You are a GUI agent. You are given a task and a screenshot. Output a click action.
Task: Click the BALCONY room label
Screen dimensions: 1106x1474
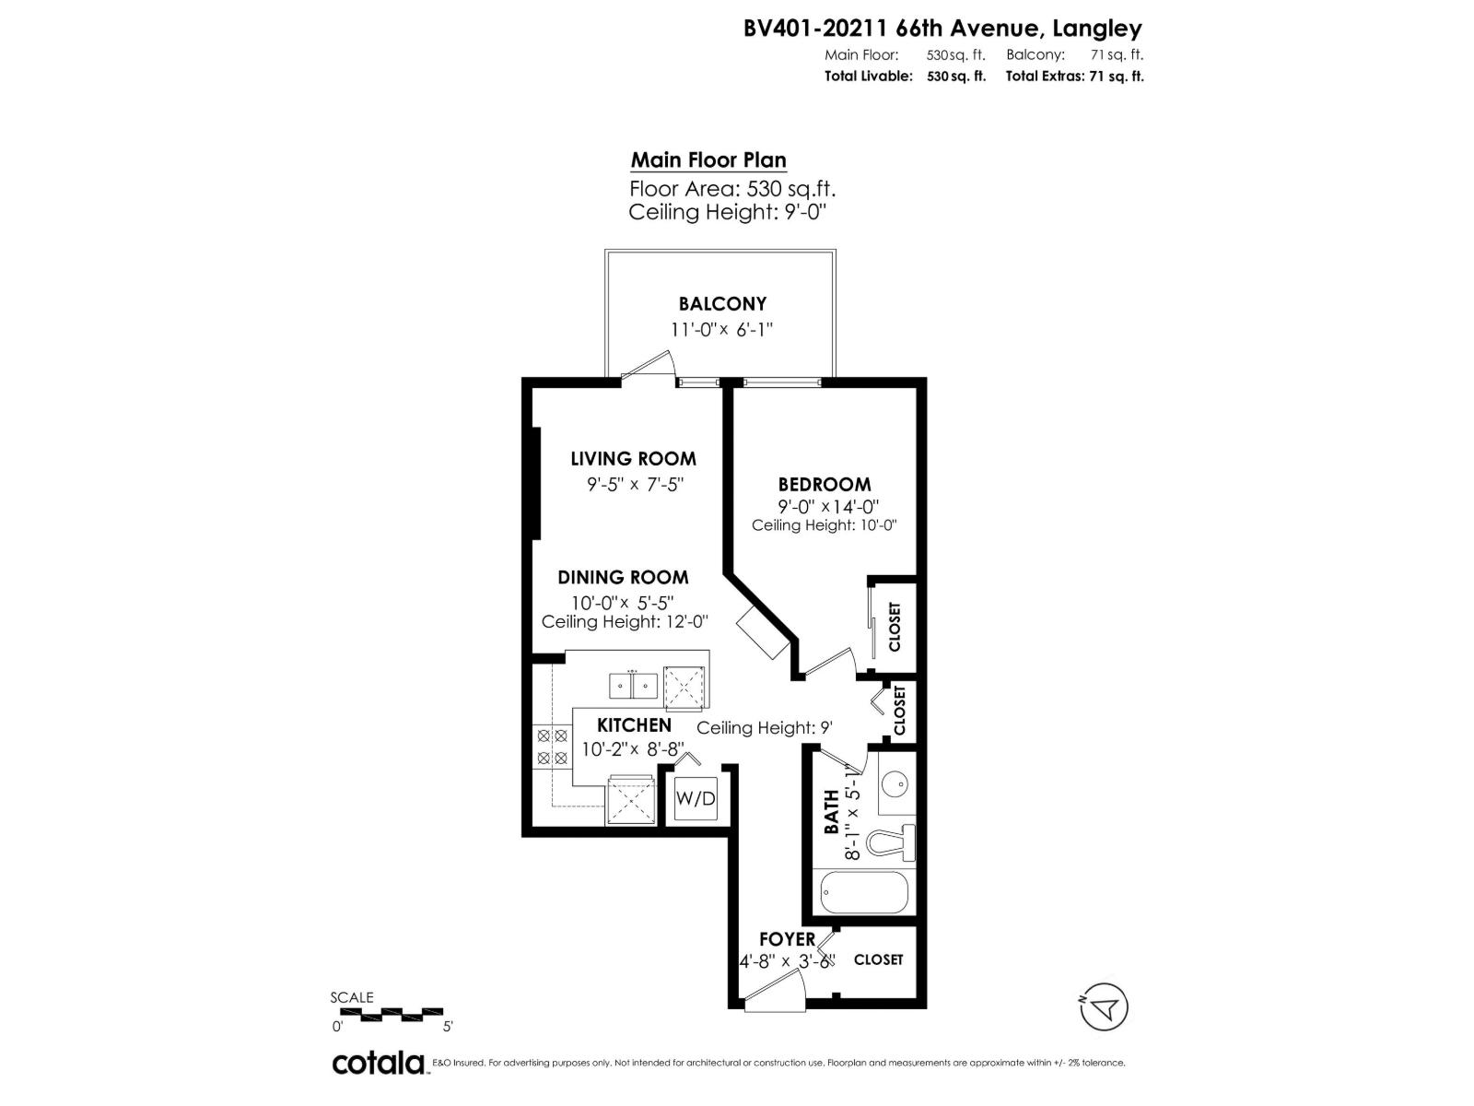[722, 303]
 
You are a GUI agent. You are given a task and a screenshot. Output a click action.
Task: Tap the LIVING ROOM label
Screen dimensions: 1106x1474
[633, 458]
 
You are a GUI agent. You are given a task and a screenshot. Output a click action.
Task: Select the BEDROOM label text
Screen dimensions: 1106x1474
[824, 484]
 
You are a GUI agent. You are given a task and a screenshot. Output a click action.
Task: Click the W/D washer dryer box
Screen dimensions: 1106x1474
[696, 798]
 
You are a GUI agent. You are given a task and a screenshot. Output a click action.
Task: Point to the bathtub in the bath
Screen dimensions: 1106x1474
[864, 891]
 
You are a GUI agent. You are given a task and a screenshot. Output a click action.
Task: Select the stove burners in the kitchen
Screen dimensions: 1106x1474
[551, 747]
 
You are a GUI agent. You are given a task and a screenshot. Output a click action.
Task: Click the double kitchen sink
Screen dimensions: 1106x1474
[633, 686]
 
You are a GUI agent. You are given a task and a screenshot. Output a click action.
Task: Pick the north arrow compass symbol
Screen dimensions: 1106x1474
[1105, 1007]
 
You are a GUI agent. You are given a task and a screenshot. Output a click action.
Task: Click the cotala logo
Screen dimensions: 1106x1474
[378, 1063]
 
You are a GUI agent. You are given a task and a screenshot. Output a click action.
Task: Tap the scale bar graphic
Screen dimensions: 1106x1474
[392, 1013]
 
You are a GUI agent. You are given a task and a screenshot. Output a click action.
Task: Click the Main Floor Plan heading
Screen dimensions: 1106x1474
[708, 160]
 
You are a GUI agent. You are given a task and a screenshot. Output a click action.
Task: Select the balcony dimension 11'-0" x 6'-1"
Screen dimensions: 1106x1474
[720, 329]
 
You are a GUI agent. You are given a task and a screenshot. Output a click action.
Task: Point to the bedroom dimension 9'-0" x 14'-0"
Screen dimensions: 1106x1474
[828, 506]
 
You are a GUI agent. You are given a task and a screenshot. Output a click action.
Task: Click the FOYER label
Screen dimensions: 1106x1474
[787, 939]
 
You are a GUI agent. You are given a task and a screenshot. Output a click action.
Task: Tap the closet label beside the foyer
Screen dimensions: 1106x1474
[878, 959]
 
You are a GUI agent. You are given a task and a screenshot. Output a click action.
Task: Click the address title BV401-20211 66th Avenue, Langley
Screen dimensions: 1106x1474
[943, 29]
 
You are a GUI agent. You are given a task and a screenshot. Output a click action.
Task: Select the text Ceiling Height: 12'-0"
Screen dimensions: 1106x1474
[625, 621]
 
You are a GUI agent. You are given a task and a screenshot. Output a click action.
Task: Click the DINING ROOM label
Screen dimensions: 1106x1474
[623, 578]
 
